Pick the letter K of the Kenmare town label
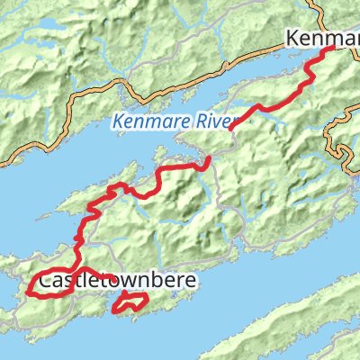[292, 39]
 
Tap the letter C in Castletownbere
[46, 281]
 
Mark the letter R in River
[200, 121]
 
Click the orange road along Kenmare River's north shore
[135, 87]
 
